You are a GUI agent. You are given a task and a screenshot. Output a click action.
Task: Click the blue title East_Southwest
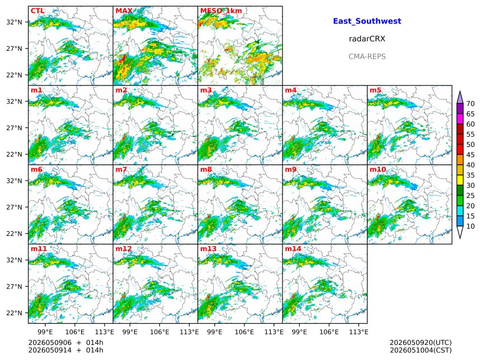[367, 21]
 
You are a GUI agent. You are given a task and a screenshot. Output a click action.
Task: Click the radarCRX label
[367, 39]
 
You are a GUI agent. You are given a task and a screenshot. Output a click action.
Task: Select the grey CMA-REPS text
[367, 56]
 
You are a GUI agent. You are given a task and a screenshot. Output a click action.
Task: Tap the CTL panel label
[37, 11]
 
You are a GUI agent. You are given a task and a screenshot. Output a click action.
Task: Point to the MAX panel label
[124, 11]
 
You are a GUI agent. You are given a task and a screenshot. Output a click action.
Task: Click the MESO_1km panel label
[221, 11]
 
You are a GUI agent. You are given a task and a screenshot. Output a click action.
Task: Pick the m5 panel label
[375, 90]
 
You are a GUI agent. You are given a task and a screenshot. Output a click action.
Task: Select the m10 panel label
[378, 169]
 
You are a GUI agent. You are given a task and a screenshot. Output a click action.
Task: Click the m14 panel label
[293, 249]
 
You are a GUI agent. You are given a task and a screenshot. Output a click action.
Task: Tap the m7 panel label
[121, 169]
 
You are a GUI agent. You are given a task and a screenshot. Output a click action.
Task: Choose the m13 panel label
[208, 249]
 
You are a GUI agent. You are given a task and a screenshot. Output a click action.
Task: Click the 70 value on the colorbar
[470, 103]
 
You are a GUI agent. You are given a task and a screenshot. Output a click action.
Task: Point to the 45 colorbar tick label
[470, 155]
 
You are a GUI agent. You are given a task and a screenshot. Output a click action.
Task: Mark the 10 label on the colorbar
[470, 226]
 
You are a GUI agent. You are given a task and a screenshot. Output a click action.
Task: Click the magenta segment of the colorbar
[460, 119]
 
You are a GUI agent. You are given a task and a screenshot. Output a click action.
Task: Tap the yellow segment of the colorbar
[460, 180]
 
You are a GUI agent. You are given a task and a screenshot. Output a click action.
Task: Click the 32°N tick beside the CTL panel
[15, 22]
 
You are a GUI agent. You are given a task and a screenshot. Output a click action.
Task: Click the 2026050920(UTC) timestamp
[421, 343]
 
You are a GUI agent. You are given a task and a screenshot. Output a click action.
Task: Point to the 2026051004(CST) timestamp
[421, 350]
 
